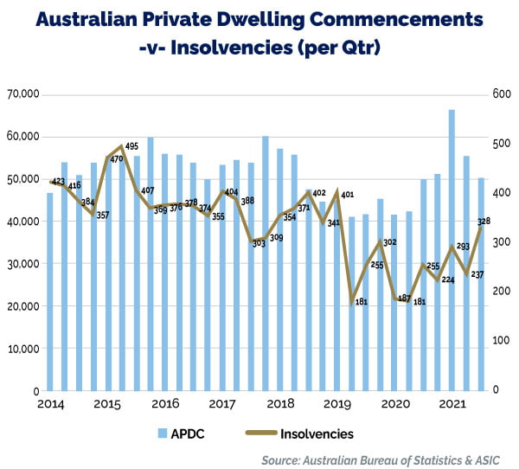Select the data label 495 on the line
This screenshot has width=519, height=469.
pos(132,146)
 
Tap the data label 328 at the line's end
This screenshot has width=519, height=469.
pos(484,221)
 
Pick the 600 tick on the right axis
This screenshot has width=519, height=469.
pos(501,94)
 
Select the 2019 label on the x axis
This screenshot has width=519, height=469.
pos(337,404)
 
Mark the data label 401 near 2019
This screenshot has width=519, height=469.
pos(348,195)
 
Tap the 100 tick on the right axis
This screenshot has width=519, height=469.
pos(501,341)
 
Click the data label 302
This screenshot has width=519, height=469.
pos(389,243)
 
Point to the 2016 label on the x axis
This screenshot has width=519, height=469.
pos(164,404)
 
